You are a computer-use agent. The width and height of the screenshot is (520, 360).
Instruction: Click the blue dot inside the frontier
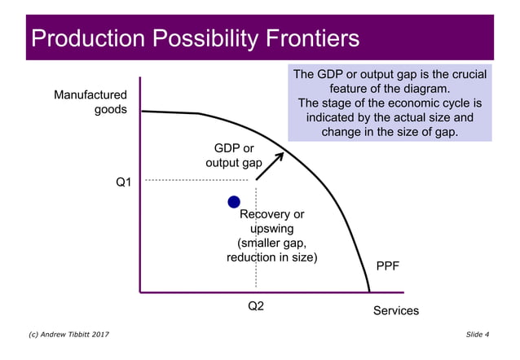(234, 202)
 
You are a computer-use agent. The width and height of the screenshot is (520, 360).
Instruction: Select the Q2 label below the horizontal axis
(256, 307)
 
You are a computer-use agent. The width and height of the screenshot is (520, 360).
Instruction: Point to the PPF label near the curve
(387, 266)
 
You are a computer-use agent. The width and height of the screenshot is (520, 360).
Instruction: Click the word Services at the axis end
(395, 310)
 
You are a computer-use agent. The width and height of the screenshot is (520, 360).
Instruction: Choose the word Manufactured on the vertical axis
(90, 95)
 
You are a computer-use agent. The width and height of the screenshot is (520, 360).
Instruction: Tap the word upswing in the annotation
(271, 229)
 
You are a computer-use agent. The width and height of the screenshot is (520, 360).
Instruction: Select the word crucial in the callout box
(465, 75)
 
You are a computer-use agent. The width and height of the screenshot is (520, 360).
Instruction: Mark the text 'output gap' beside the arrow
(233, 163)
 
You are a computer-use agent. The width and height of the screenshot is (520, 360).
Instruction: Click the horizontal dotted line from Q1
(196, 180)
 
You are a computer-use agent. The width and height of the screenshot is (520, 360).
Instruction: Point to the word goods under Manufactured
(111, 110)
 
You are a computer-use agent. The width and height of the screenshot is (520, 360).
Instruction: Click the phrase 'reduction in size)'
(271, 257)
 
